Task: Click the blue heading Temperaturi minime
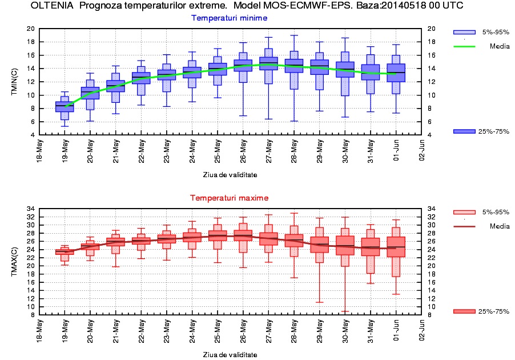[229, 18]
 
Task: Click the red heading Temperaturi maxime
[229, 198]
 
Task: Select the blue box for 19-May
[65, 106]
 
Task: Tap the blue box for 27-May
[268, 63]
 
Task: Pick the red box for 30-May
[345, 245]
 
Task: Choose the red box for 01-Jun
[396, 247]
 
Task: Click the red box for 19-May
[65, 251]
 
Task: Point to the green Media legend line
[464, 46]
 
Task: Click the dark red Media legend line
[464, 226]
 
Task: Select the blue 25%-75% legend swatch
[464, 131]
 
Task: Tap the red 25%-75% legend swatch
[464, 311]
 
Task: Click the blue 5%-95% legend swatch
[464, 32]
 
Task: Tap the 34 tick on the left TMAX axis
[31, 208]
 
